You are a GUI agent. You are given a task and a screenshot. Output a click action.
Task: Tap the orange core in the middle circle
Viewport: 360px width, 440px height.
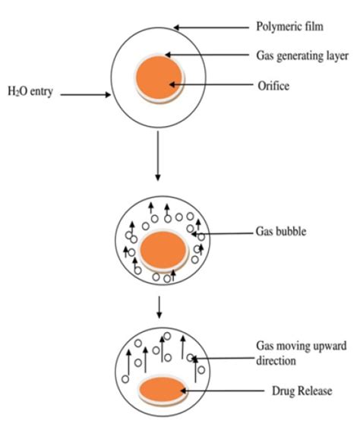pos(162,251)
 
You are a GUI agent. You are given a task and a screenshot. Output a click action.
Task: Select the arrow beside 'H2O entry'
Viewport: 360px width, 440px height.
pos(86,96)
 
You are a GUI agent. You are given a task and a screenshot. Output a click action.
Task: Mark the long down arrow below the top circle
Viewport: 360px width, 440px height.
pos(156,155)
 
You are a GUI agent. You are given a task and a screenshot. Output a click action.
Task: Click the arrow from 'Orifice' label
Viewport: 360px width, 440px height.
pos(208,84)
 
